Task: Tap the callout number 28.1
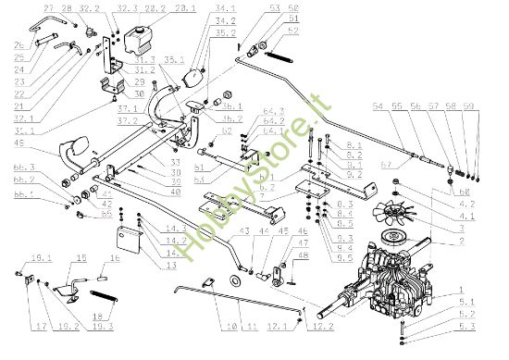pyautogui.click(x=184, y=7)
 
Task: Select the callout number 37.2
pyautogui.click(x=128, y=120)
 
